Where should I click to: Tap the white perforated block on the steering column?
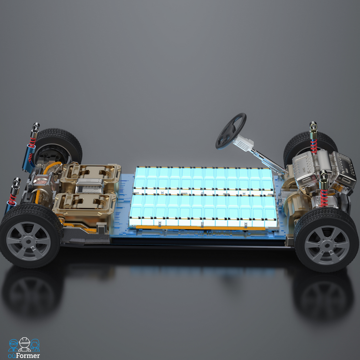click(243, 143)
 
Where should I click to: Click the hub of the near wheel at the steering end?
click(327, 245)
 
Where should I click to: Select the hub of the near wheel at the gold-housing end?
click(28, 242)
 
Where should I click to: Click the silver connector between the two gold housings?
click(90, 186)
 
